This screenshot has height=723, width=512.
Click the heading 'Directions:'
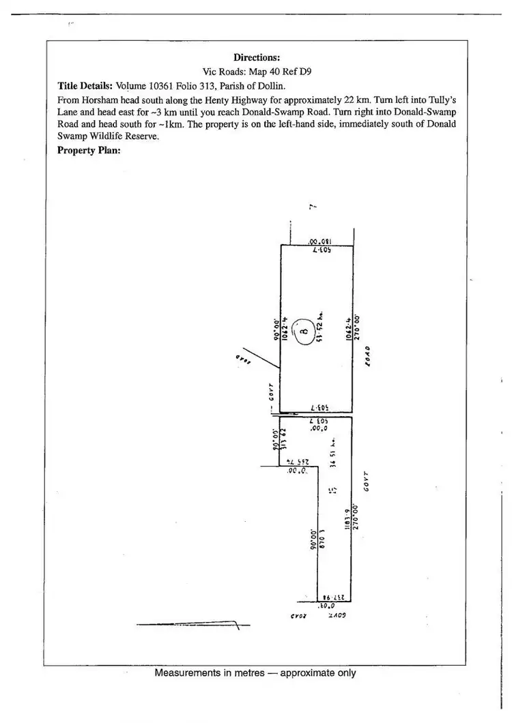[x=257, y=58]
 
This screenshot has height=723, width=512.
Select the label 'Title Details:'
[x=85, y=86]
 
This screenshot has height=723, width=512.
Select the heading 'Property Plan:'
[x=89, y=150]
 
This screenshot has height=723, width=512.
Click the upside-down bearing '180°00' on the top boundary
[x=319, y=241]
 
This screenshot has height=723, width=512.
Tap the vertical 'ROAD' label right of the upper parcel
[x=367, y=355]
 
